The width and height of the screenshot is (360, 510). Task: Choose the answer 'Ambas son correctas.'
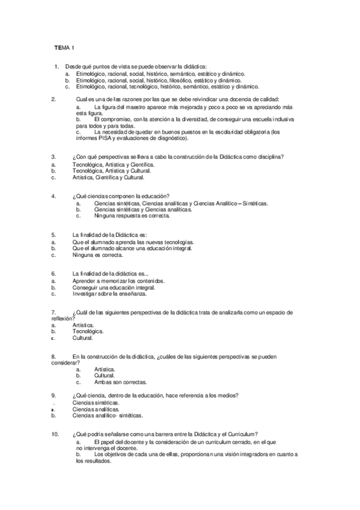coord(120,382)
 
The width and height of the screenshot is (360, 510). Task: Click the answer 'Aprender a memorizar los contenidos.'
coord(118,281)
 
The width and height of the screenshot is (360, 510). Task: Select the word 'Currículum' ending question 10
coord(243,434)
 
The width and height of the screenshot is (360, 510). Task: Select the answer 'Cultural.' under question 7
coord(82,338)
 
